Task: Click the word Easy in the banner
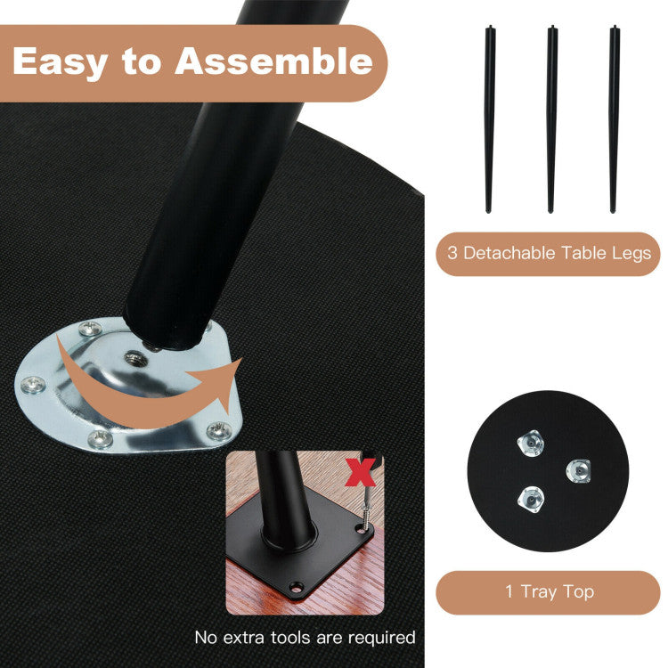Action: [60, 62]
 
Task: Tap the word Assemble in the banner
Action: [274, 61]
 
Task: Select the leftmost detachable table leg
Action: [490, 119]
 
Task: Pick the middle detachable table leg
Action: [551, 119]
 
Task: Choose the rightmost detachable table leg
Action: [614, 119]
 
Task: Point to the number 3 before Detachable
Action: [452, 253]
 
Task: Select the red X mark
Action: [361, 472]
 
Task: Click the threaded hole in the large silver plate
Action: [136, 359]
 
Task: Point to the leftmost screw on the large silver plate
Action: [33, 385]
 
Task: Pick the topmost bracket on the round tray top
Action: [531, 443]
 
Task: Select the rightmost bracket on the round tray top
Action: [579, 471]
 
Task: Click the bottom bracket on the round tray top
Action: [531, 500]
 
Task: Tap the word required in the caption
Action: [382, 639]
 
